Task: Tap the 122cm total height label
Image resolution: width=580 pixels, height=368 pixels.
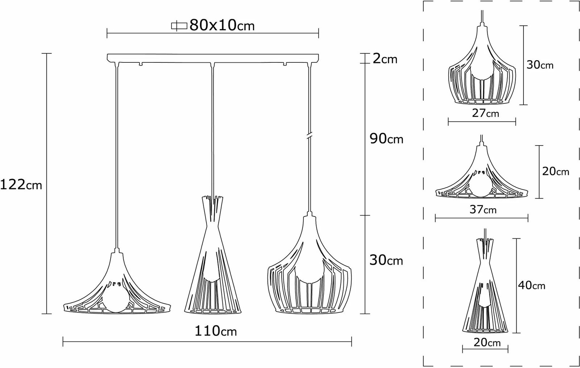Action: point(21,185)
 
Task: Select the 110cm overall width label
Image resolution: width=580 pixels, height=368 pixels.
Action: point(216,331)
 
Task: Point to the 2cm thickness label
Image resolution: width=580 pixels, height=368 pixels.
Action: point(385,59)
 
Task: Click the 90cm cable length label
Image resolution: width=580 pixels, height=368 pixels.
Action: point(386,139)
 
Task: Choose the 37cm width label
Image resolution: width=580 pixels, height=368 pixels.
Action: point(483,209)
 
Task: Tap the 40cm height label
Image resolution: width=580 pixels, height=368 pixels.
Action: point(531,285)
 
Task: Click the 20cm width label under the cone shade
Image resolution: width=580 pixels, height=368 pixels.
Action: point(487,342)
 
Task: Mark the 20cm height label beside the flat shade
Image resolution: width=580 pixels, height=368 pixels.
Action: point(555,171)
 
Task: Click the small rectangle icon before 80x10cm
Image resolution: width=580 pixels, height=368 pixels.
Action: point(179,26)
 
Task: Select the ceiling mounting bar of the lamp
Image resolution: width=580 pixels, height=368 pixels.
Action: point(213,58)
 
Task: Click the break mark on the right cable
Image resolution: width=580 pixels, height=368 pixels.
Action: point(310,136)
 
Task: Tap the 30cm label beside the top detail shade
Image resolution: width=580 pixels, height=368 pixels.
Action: point(540,65)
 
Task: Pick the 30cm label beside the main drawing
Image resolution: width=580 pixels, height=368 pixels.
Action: point(386,260)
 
